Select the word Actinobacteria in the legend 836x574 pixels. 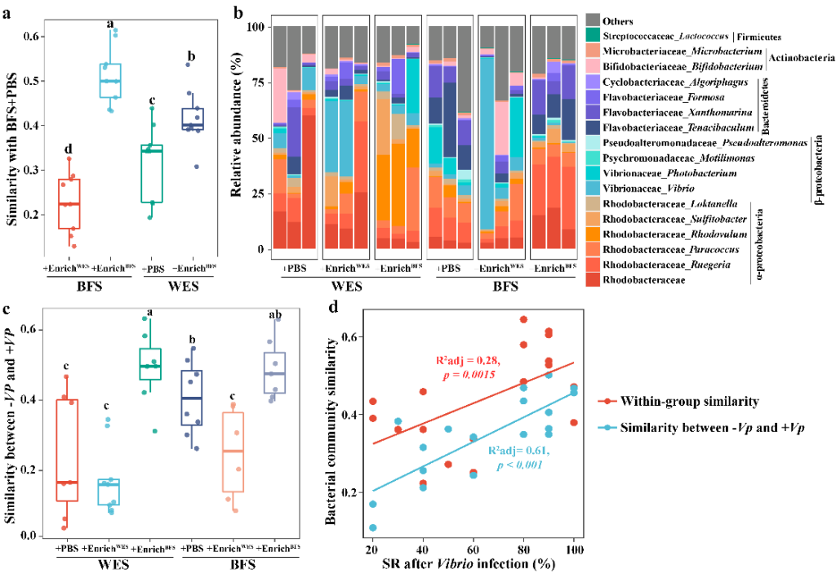pyautogui.click(x=803, y=58)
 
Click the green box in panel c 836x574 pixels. pyautogui.click(x=150, y=364)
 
